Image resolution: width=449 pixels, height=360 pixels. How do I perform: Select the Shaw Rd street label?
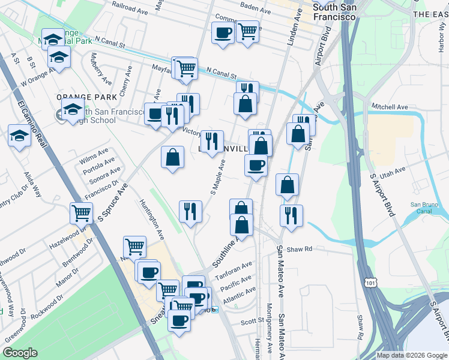pos(300,249)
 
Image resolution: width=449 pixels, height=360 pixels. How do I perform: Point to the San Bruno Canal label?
pos(424,208)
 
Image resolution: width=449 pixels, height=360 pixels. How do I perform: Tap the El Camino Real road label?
pos(32,128)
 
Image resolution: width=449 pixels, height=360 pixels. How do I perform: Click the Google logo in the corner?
pos(20,353)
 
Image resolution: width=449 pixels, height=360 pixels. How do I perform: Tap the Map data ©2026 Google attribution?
pos(411,355)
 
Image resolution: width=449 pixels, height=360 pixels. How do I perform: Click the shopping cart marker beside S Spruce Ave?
pos(80,212)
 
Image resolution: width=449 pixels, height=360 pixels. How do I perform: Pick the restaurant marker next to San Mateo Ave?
pos(291,215)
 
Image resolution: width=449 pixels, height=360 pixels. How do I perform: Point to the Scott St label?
pos(249,322)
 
